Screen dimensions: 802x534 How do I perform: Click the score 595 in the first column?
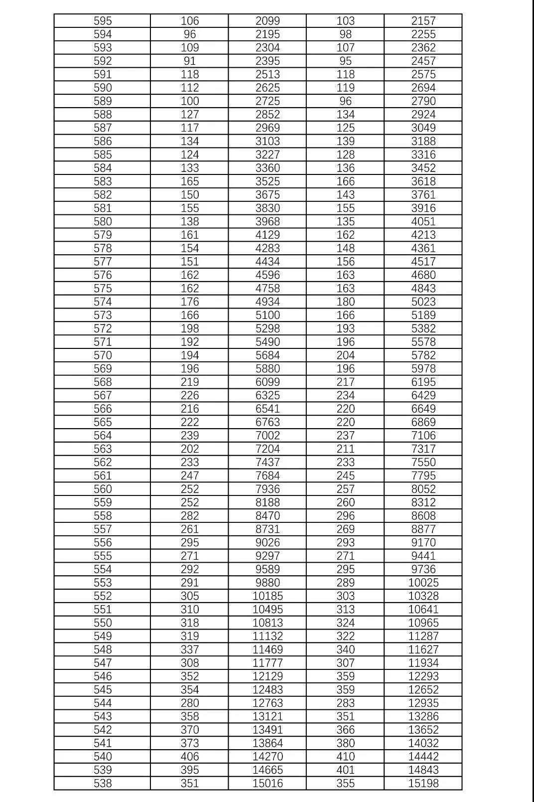tap(103, 21)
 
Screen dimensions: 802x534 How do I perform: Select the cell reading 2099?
tap(267, 21)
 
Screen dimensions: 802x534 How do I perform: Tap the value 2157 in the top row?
tap(423, 21)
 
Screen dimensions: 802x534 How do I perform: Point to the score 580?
tap(103, 221)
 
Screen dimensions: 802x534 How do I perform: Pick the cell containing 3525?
tap(267, 181)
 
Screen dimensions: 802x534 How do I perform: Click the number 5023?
tap(423, 302)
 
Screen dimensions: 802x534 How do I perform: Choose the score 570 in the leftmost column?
tap(103, 355)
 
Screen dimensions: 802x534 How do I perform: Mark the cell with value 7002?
tap(267, 436)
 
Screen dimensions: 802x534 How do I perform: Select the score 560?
tap(103, 489)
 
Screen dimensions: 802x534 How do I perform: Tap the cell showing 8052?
tap(423, 489)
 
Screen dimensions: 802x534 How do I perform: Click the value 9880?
tap(267, 583)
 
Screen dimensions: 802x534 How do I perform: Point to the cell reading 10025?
tap(423, 583)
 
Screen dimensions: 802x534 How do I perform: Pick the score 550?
tap(103, 623)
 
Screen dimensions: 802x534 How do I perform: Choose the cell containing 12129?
tap(267, 676)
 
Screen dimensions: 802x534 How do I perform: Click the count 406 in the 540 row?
tap(190, 757)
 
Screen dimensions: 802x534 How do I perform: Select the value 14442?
tap(423, 757)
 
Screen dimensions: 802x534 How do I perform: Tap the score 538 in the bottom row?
tap(103, 783)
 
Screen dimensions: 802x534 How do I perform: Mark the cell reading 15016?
tap(267, 783)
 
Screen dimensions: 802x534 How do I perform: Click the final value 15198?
tap(423, 783)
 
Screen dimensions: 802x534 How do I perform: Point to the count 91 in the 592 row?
tap(190, 61)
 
